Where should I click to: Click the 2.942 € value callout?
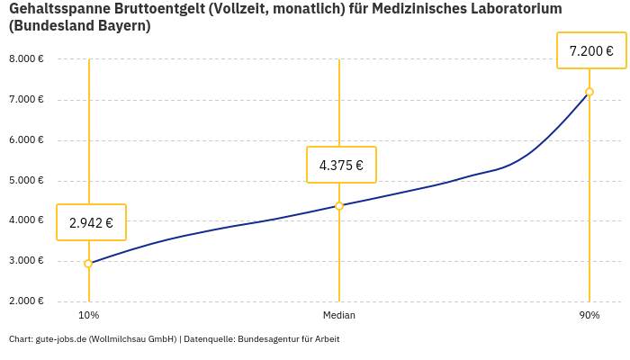point(91,222)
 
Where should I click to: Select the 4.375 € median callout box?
point(341,165)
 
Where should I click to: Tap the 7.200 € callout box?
point(591,50)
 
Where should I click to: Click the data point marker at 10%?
point(88,264)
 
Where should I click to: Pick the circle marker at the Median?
point(339,206)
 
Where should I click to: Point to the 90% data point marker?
point(589,92)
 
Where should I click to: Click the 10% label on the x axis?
point(88,316)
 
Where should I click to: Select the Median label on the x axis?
point(339,316)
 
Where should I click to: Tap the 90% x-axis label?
point(589,316)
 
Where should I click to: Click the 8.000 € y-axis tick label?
point(26,59)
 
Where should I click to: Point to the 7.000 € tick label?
point(26,100)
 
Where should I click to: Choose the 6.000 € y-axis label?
point(26,140)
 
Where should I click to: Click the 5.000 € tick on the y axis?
point(26,181)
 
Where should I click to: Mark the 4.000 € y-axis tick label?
point(26,220)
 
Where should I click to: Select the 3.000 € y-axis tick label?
point(26,261)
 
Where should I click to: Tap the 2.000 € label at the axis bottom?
point(26,301)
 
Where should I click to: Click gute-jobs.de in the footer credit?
point(61,339)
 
